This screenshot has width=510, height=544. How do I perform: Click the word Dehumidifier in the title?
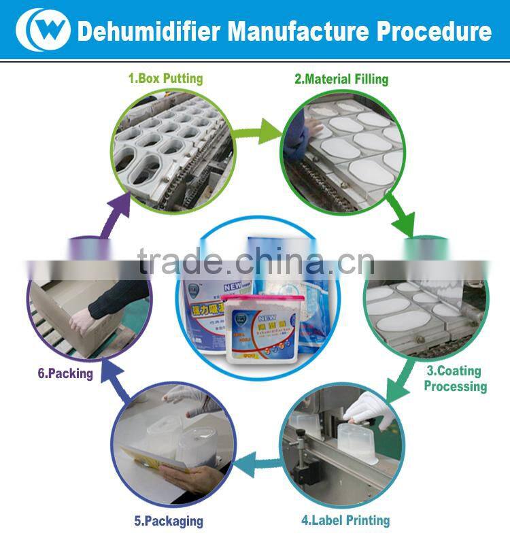(x=149, y=31)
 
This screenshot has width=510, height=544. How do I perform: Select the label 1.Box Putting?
(x=165, y=78)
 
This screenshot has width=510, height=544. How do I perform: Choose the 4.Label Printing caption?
(x=345, y=520)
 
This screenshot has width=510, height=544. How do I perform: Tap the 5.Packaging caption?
(x=169, y=521)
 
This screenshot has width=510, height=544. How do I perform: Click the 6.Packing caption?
(x=65, y=373)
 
